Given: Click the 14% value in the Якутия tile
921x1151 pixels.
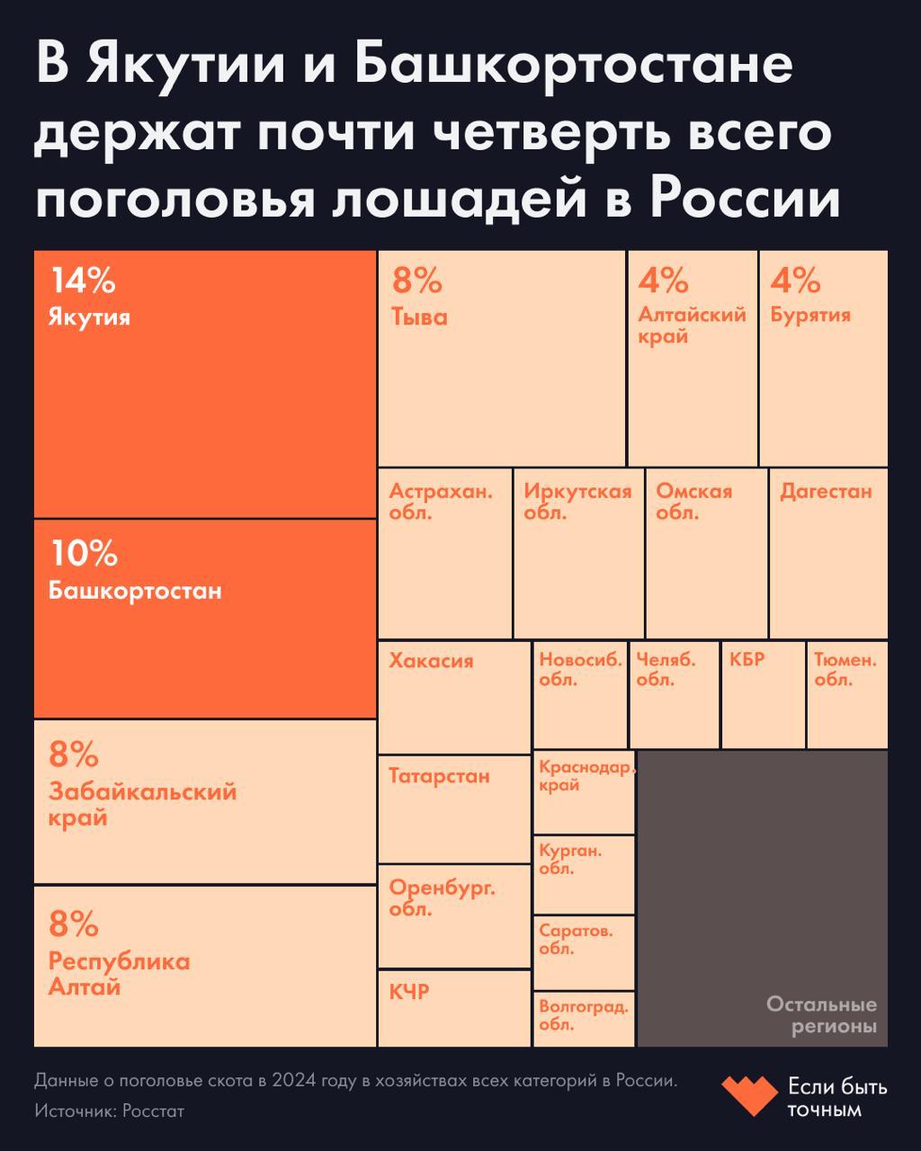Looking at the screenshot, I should pyautogui.click(x=83, y=281).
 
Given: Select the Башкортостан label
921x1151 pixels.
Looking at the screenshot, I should pyautogui.click(x=135, y=592).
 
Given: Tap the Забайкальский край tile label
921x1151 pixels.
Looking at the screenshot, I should pyautogui.click(x=142, y=805).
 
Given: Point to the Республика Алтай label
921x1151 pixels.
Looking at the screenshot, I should pyautogui.click(x=119, y=975).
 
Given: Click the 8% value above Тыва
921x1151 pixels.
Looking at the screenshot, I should pyautogui.click(x=417, y=281).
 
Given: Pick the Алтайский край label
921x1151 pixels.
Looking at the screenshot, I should pyautogui.click(x=692, y=326).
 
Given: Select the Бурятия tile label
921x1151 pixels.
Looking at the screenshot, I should pyautogui.click(x=810, y=316).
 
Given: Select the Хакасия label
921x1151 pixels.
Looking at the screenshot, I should pyautogui.click(x=431, y=661).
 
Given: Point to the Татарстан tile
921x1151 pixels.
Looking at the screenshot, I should pyautogui.click(x=453, y=808).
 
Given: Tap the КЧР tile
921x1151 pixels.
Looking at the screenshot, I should pyautogui.click(x=453, y=1008).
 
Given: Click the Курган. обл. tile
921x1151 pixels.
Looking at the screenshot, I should pyautogui.click(x=584, y=875).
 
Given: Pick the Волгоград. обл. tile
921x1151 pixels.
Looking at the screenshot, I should pyautogui.click(x=584, y=1019).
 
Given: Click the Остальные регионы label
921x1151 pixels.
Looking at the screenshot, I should pyautogui.click(x=821, y=1015).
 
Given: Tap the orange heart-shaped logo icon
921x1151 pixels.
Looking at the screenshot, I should pyautogui.click(x=749, y=1096).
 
